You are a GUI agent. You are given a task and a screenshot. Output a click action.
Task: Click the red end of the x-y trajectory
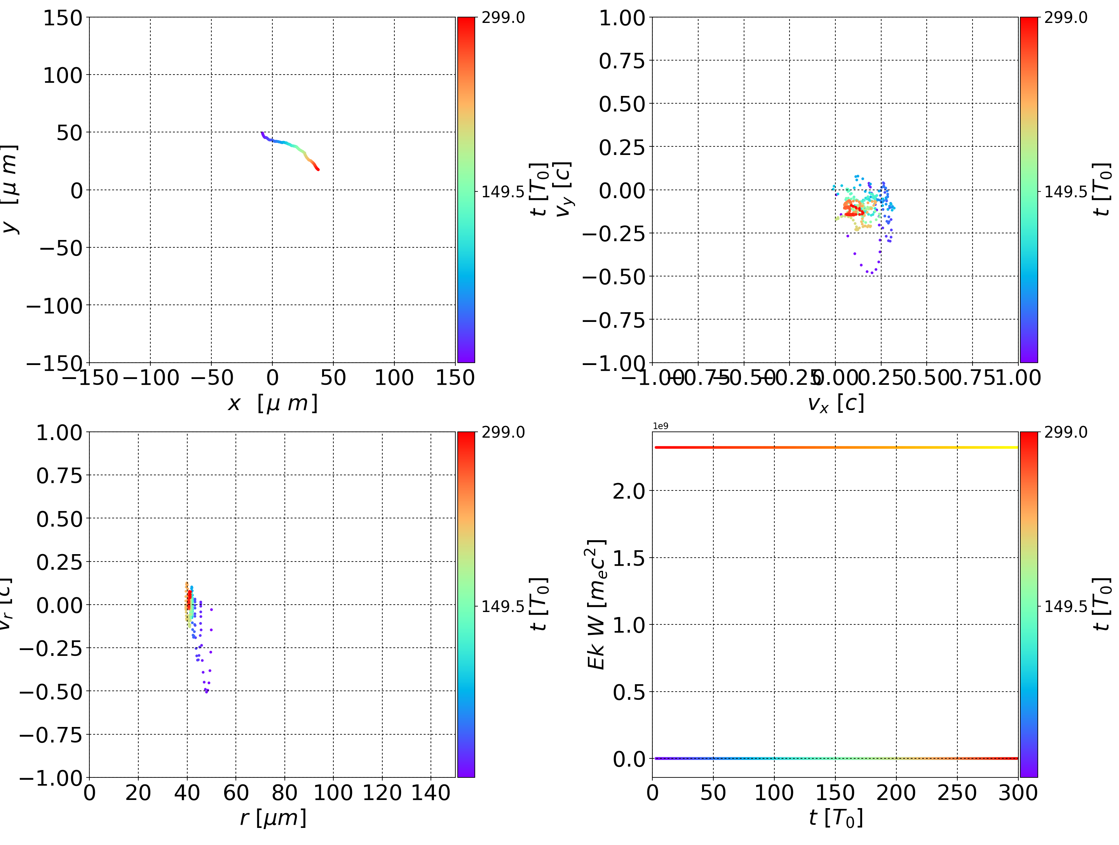click(x=318, y=169)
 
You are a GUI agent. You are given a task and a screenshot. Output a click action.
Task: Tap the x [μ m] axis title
click(x=273, y=403)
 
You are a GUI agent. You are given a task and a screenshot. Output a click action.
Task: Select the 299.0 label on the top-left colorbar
click(x=503, y=18)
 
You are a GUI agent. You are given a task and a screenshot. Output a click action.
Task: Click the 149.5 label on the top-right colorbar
click(x=1065, y=192)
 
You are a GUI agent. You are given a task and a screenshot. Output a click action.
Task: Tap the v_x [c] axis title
click(x=836, y=403)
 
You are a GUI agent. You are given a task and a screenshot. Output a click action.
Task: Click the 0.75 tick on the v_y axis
click(x=622, y=61)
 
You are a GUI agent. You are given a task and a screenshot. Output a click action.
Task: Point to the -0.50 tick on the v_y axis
click(x=614, y=276)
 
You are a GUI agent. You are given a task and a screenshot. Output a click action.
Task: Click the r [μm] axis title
click(x=273, y=818)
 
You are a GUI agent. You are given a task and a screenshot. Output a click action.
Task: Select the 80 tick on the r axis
click(x=284, y=793)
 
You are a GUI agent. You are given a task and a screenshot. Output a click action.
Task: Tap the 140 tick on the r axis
click(x=431, y=793)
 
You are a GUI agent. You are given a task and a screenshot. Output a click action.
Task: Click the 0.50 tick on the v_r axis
click(x=59, y=519)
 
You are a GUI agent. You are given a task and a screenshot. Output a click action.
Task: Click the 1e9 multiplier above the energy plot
click(x=660, y=426)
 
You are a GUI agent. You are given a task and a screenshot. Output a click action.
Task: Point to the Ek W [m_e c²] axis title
click(x=596, y=604)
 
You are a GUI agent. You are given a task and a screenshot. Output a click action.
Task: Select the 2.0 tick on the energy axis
click(x=629, y=491)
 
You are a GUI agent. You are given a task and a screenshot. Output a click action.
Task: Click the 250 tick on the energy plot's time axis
click(x=957, y=793)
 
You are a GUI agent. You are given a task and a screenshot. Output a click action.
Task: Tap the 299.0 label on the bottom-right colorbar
click(x=1065, y=432)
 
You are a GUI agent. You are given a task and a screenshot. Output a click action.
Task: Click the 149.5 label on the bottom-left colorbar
click(x=503, y=606)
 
